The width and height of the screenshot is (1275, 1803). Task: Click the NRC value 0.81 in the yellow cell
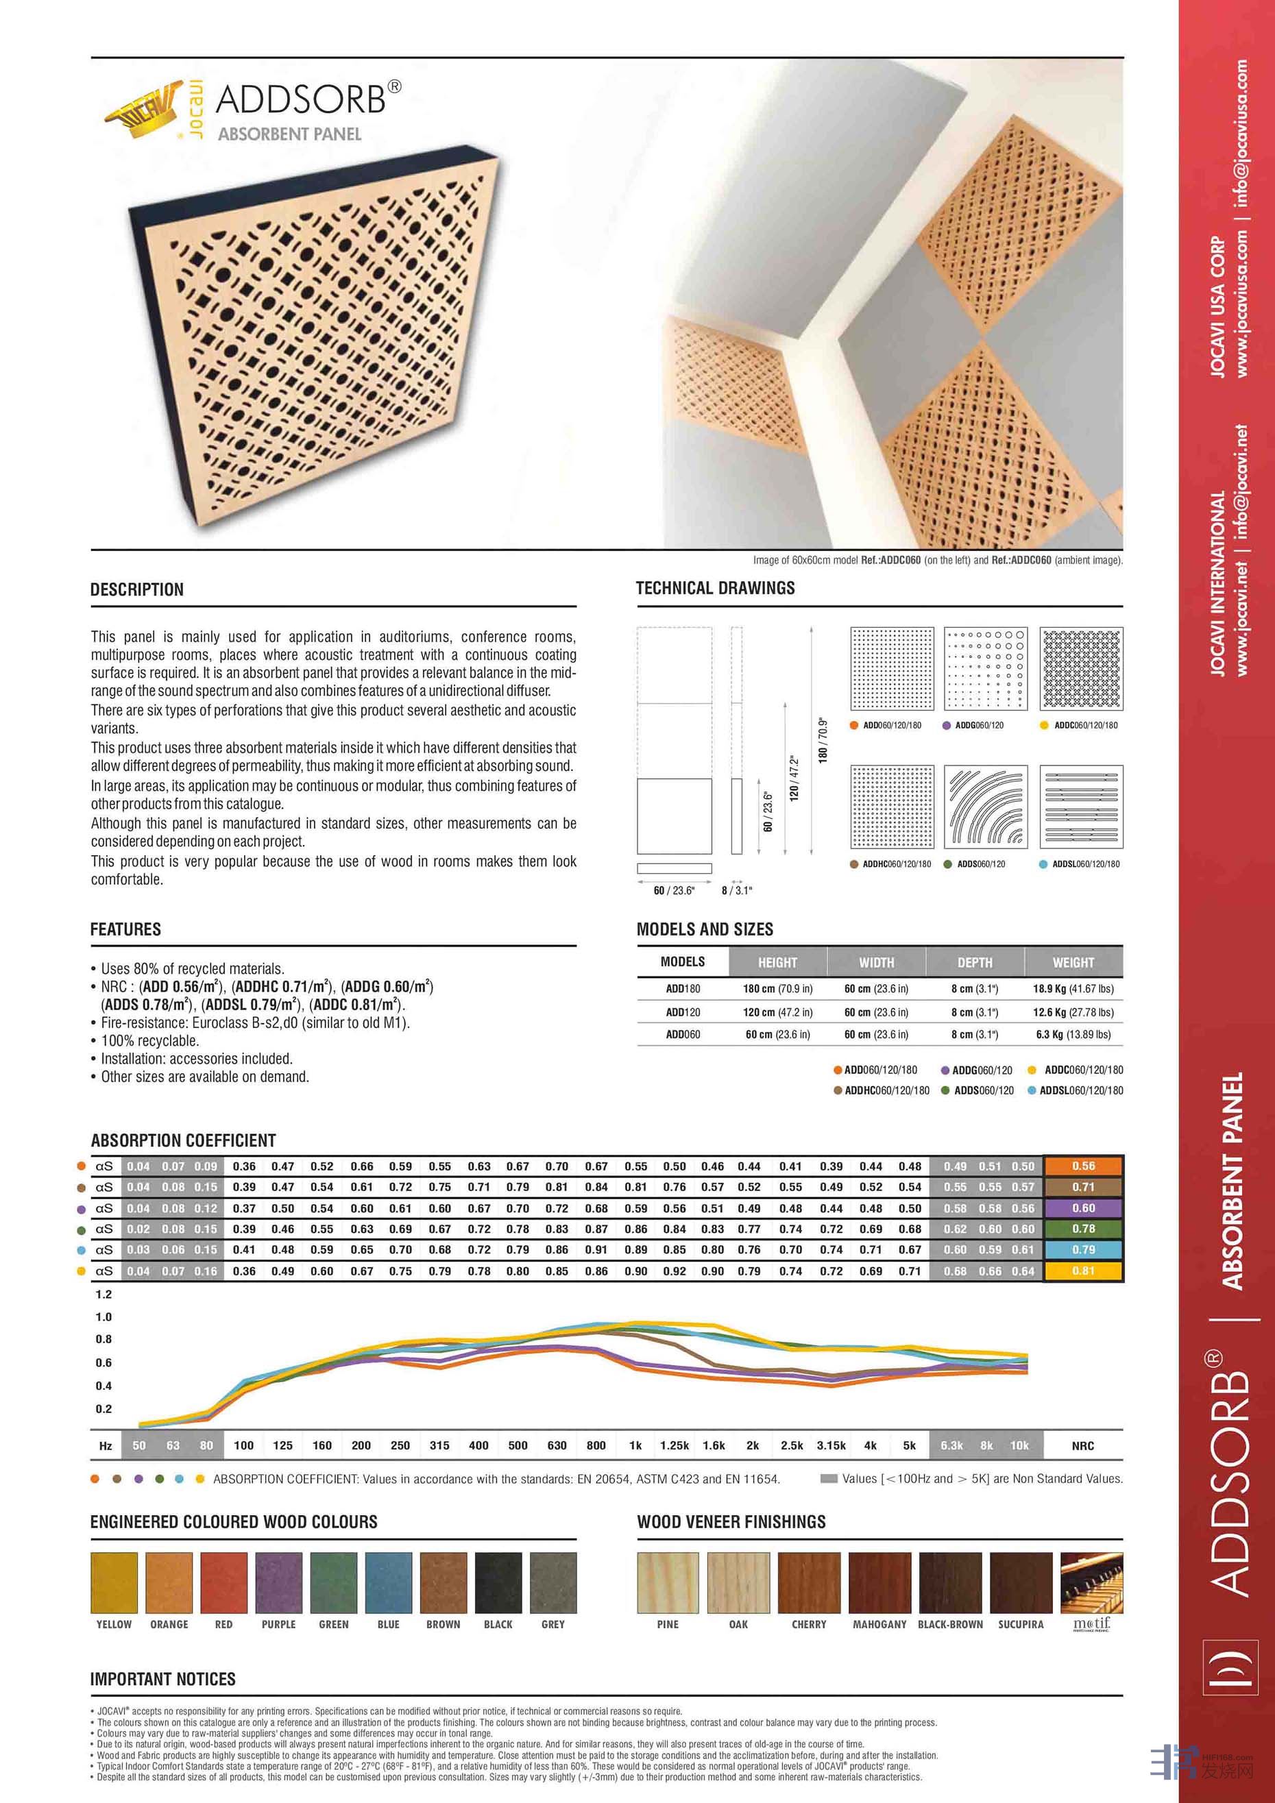1083,1271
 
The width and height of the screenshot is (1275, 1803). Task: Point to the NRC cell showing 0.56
1083,1166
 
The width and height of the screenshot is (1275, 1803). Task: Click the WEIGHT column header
1073,962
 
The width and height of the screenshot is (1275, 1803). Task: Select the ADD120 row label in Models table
683,1012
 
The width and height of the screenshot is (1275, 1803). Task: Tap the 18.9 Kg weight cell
1073,989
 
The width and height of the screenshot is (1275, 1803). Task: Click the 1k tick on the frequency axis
635,1446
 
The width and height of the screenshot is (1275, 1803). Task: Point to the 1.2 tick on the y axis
104,1294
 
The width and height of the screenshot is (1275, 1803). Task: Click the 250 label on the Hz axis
400,1446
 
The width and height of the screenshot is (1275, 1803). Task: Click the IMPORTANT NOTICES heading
162,1679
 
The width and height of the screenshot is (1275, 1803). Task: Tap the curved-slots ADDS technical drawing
985,807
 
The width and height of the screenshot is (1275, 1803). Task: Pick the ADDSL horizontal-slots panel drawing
1081,807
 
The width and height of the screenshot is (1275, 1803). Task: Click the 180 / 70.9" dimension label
823,739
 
